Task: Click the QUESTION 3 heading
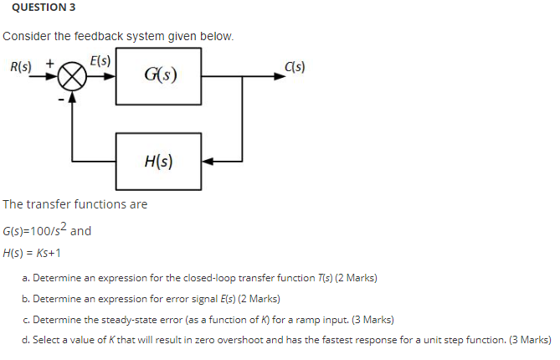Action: click(x=34, y=8)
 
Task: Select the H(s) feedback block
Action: click(x=158, y=161)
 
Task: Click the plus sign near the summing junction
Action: click(x=50, y=62)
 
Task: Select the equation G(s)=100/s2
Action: click(x=39, y=230)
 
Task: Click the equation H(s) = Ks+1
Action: click(x=33, y=252)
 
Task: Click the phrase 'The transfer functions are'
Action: click(x=75, y=204)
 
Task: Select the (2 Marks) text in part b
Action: click(x=259, y=298)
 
